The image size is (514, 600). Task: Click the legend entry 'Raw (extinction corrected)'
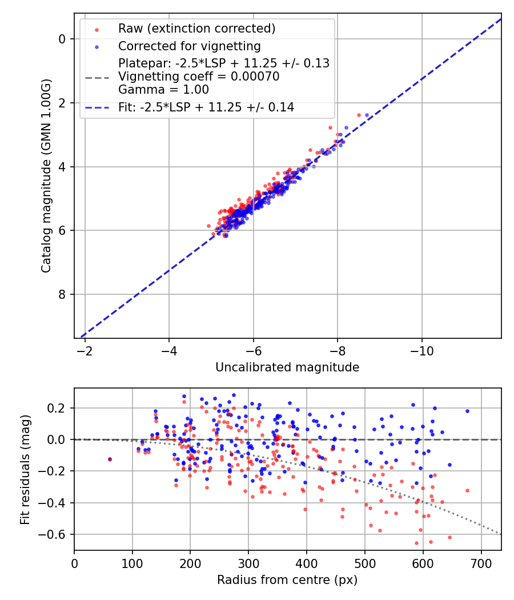pos(196,29)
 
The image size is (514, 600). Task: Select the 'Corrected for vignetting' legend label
pos(189,46)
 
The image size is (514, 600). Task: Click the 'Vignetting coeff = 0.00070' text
pos(199,77)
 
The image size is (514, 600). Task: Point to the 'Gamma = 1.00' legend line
pos(163,90)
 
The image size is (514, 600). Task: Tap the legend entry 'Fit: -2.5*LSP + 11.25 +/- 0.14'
pos(206,107)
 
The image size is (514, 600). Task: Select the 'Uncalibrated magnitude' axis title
pos(287,367)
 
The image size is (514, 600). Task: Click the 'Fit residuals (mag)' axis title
pos(25,470)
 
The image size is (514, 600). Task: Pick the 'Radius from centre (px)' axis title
pos(287,580)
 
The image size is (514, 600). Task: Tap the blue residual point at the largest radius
pos(467,411)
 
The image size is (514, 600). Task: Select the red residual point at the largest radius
pos(467,490)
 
